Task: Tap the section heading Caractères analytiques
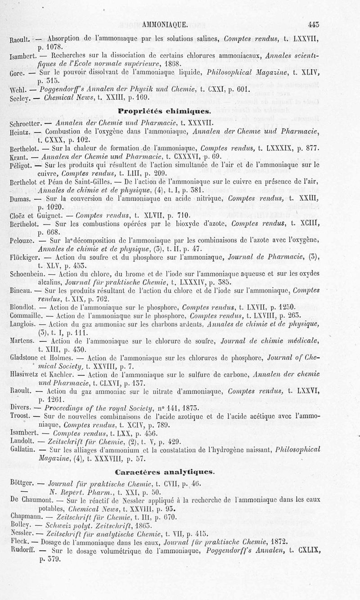click(164, 472)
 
